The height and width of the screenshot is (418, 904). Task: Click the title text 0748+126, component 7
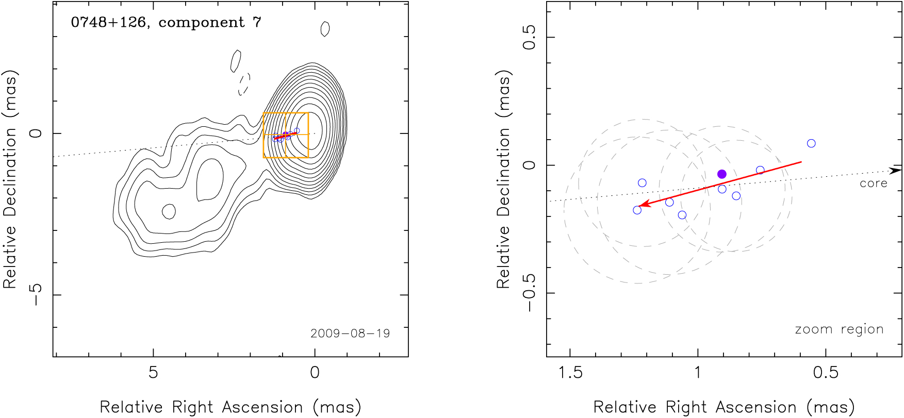[x=166, y=23]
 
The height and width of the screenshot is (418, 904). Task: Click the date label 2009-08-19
[x=350, y=333]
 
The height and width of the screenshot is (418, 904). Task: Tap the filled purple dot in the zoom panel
[x=722, y=174]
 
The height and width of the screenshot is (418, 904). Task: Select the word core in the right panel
[x=873, y=183]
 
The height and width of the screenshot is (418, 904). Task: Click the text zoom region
[x=839, y=329]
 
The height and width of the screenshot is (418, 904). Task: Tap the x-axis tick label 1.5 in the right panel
[x=570, y=372]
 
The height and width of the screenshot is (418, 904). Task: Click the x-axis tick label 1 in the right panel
[x=698, y=372]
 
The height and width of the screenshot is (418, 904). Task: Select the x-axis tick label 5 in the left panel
[x=153, y=372]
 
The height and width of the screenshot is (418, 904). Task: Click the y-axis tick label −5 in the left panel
[x=36, y=295]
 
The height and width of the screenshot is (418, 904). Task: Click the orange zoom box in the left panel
[x=286, y=113]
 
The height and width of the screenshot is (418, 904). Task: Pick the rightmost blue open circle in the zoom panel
[x=811, y=143]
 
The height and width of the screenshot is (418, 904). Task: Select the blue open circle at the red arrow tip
[x=637, y=210]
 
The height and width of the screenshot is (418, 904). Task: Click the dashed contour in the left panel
[x=244, y=84]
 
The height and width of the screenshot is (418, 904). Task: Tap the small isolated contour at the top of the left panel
[x=325, y=29]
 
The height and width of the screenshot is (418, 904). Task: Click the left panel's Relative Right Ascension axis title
[x=230, y=407]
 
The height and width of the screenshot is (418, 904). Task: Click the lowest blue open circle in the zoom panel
[x=682, y=215]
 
